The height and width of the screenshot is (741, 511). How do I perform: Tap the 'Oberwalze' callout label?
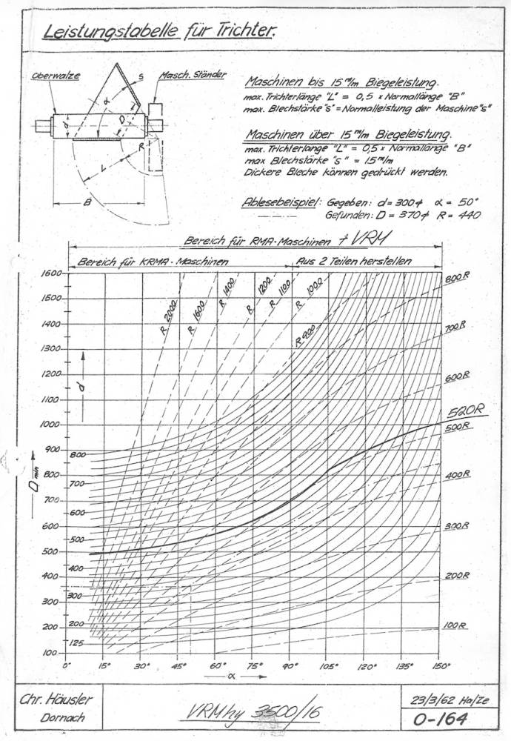(x=56, y=76)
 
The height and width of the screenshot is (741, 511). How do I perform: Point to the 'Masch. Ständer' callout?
(x=192, y=76)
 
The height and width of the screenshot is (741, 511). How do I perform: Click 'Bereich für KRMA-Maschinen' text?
(x=153, y=261)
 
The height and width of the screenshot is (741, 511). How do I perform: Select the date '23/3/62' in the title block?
(x=431, y=699)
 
